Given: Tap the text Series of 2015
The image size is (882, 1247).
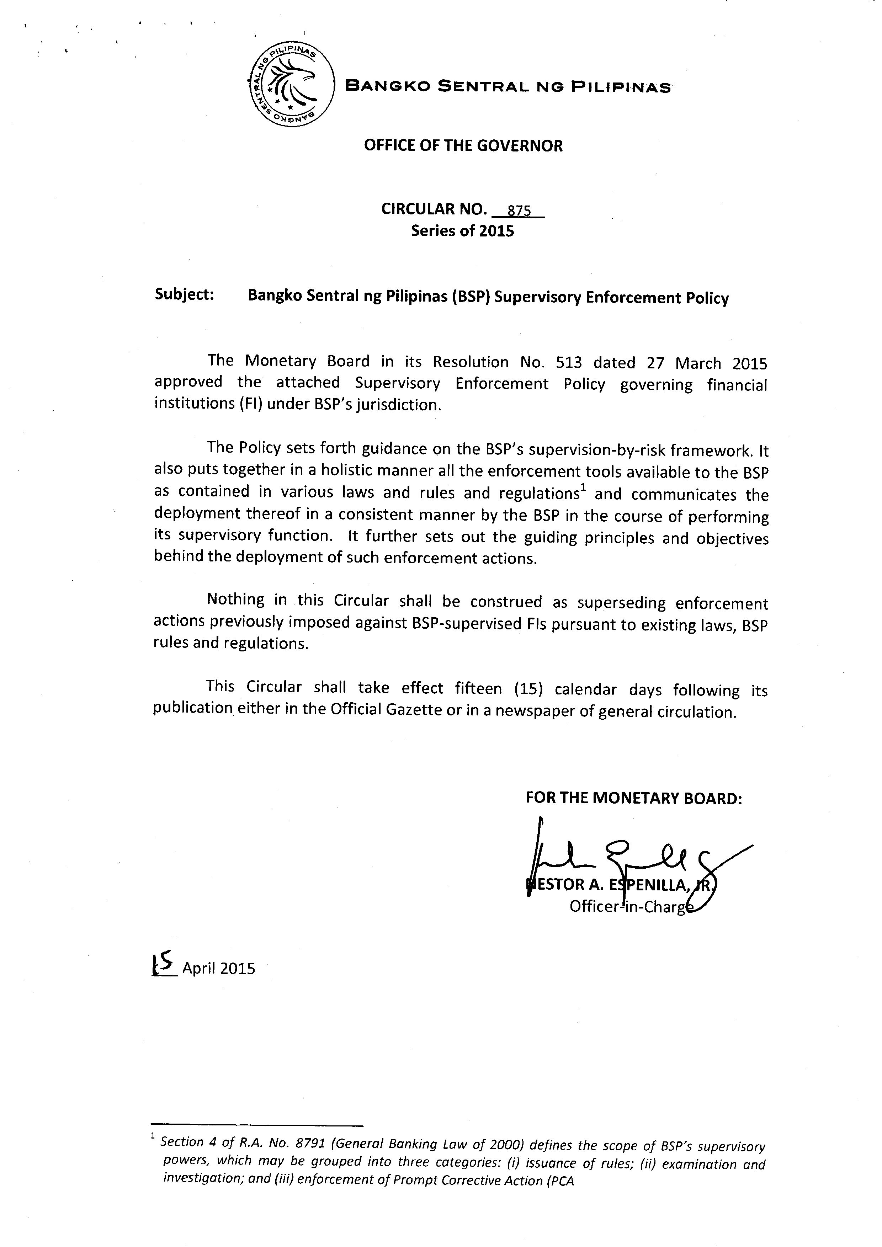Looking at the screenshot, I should pyautogui.click(x=462, y=231).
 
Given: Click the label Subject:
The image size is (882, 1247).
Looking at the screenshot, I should pyautogui.click(x=184, y=294).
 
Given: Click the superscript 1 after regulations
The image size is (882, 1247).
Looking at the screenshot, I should pyautogui.click(x=583, y=489).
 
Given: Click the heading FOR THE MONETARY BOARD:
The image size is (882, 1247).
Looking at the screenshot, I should pyautogui.click(x=633, y=798).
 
